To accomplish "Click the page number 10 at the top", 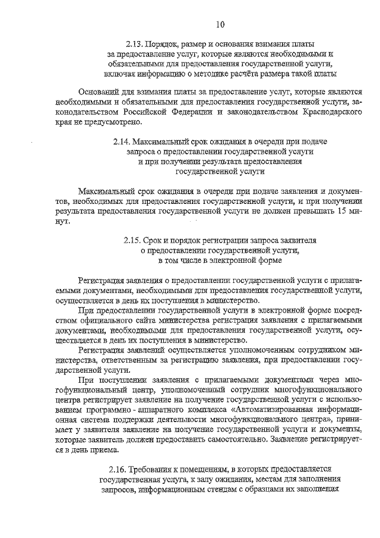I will tap(220, 24).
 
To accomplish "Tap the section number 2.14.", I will tap(121, 142).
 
